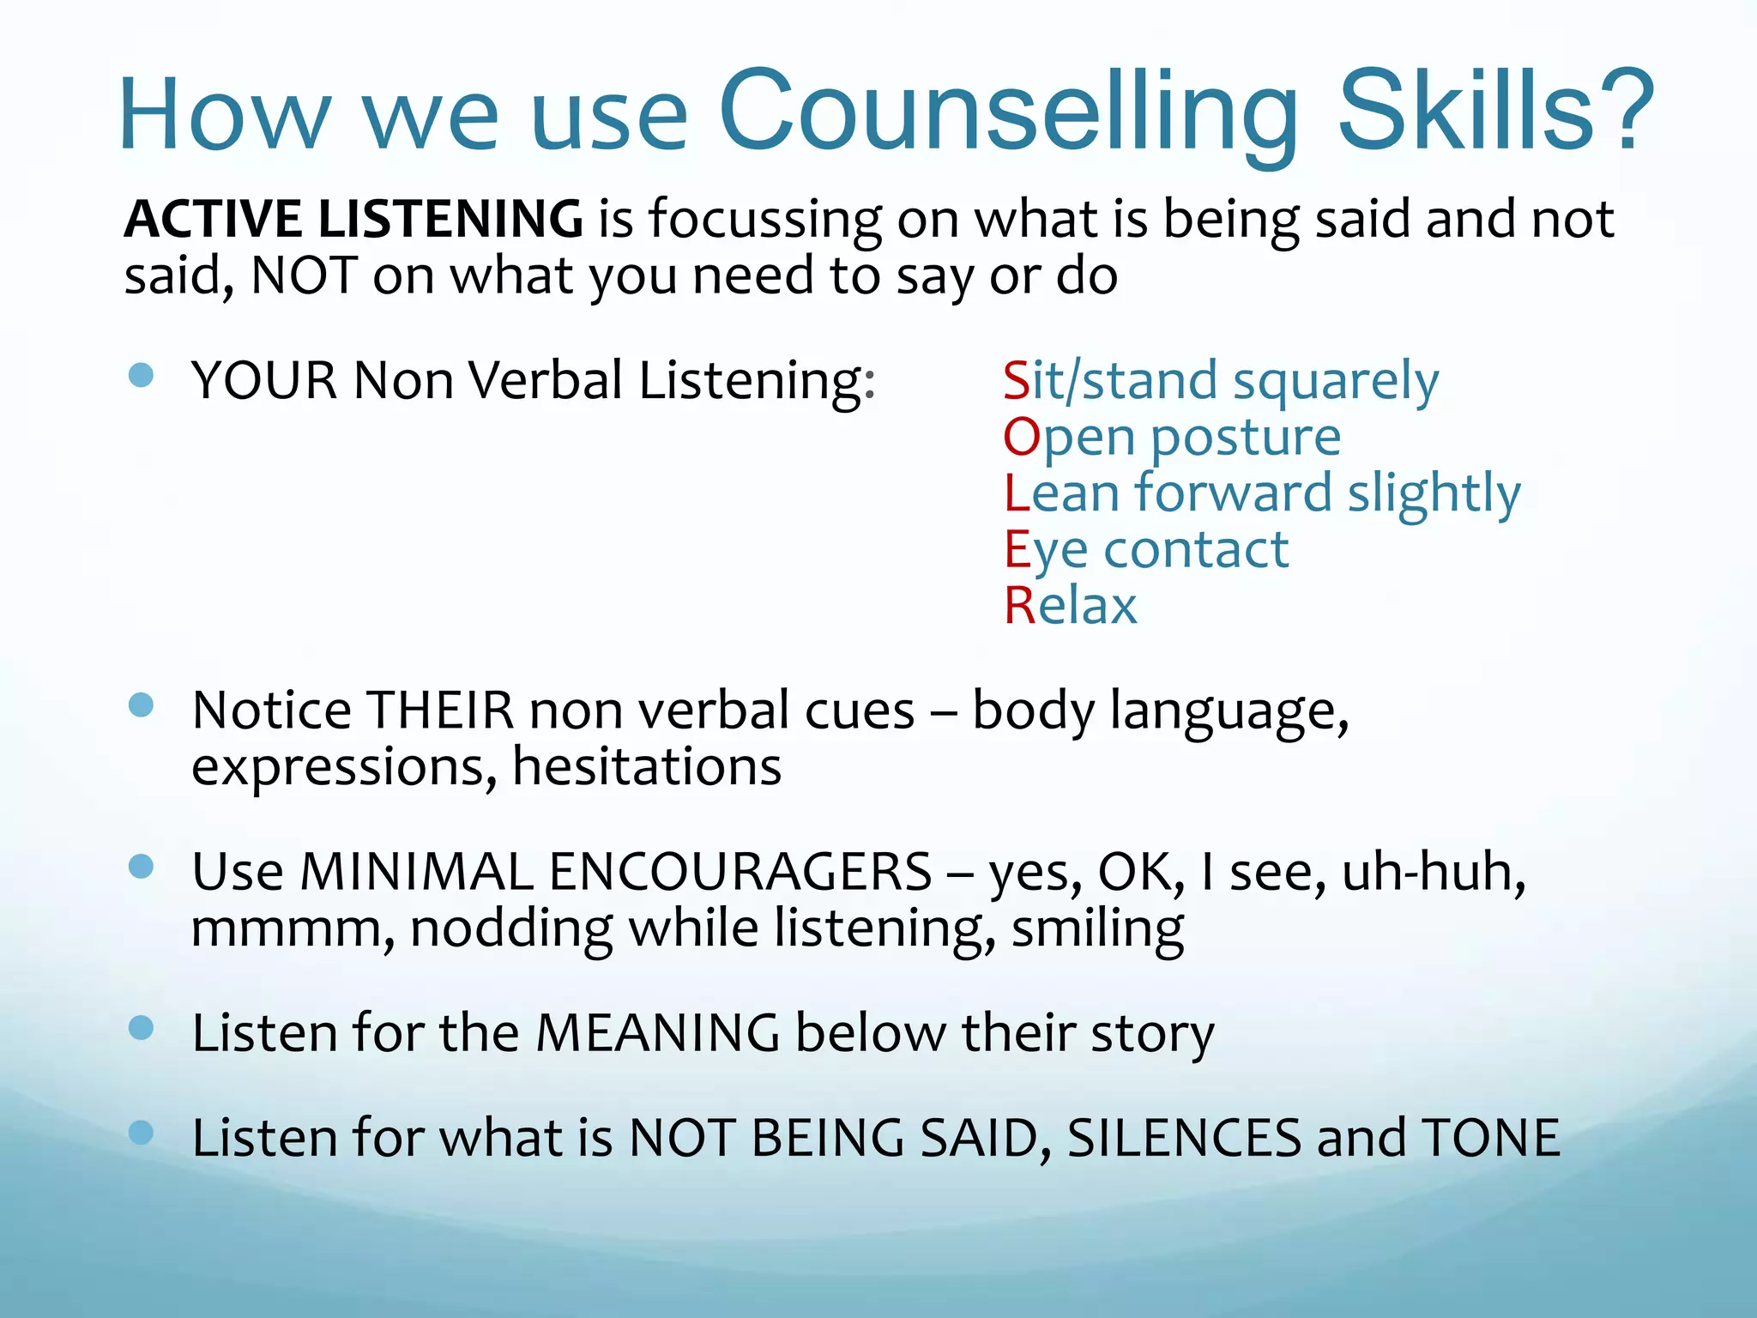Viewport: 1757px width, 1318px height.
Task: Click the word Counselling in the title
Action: [1008, 112]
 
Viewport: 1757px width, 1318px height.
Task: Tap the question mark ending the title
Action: [1627, 112]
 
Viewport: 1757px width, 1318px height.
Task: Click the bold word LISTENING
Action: [450, 219]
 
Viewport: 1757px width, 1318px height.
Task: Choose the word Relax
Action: [1071, 606]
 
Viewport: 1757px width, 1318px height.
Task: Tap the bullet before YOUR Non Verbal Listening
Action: [141, 375]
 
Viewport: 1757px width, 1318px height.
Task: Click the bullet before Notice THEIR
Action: [141, 705]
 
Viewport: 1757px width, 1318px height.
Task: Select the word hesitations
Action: [647, 766]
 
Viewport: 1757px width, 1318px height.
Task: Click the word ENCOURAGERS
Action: [740, 872]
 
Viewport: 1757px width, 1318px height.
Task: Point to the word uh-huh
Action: [1433, 872]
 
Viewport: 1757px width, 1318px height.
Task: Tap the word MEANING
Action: [657, 1032]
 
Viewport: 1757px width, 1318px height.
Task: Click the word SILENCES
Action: [1185, 1138]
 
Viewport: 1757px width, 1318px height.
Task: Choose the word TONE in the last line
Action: [1490, 1138]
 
